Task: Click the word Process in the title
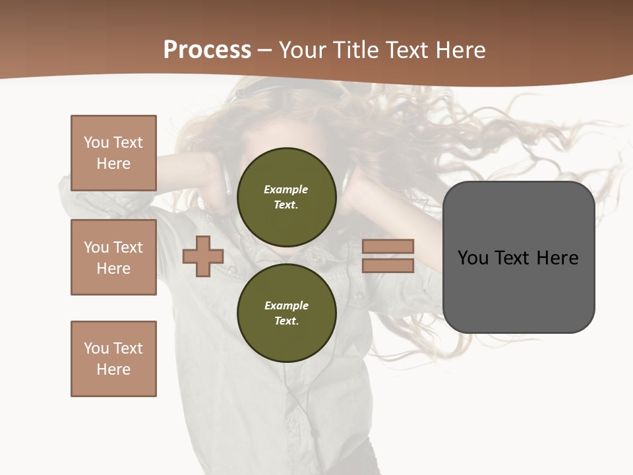point(207,50)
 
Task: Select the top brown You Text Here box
point(113,153)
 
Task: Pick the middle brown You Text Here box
point(113,257)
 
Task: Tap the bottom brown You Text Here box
point(113,358)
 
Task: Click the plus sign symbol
point(203,256)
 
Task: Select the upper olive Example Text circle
point(286,197)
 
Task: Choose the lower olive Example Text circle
point(286,313)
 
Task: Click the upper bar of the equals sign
point(388,246)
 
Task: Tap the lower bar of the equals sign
point(388,265)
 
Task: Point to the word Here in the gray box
point(557,258)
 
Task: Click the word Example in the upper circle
point(286,189)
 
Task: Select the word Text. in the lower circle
point(286,321)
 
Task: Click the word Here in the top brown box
point(113,164)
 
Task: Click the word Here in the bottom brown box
point(113,369)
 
